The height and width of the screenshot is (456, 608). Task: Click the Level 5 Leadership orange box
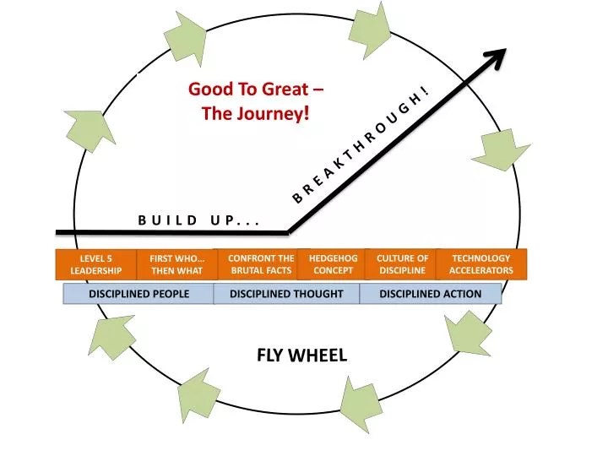pyautogui.click(x=95, y=264)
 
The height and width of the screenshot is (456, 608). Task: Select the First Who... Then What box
pyautogui.click(x=176, y=264)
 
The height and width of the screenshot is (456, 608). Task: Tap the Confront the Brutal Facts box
pyautogui.click(x=261, y=264)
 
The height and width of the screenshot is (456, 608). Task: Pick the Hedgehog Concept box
pyautogui.click(x=333, y=264)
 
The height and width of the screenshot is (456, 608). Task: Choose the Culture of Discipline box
pyautogui.click(x=402, y=264)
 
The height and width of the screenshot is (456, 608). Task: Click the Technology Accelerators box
pyautogui.click(x=480, y=264)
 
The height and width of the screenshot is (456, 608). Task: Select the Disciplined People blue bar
pyautogui.click(x=139, y=294)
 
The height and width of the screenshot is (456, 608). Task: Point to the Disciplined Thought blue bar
pyautogui.click(x=286, y=294)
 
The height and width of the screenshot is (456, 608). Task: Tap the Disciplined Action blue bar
pyautogui.click(x=430, y=294)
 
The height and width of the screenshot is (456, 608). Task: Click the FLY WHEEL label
pyautogui.click(x=301, y=356)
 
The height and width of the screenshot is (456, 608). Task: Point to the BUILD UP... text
pyautogui.click(x=198, y=221)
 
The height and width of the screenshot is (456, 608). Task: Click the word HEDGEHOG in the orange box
pyautogui.click(x=333, y=258)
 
